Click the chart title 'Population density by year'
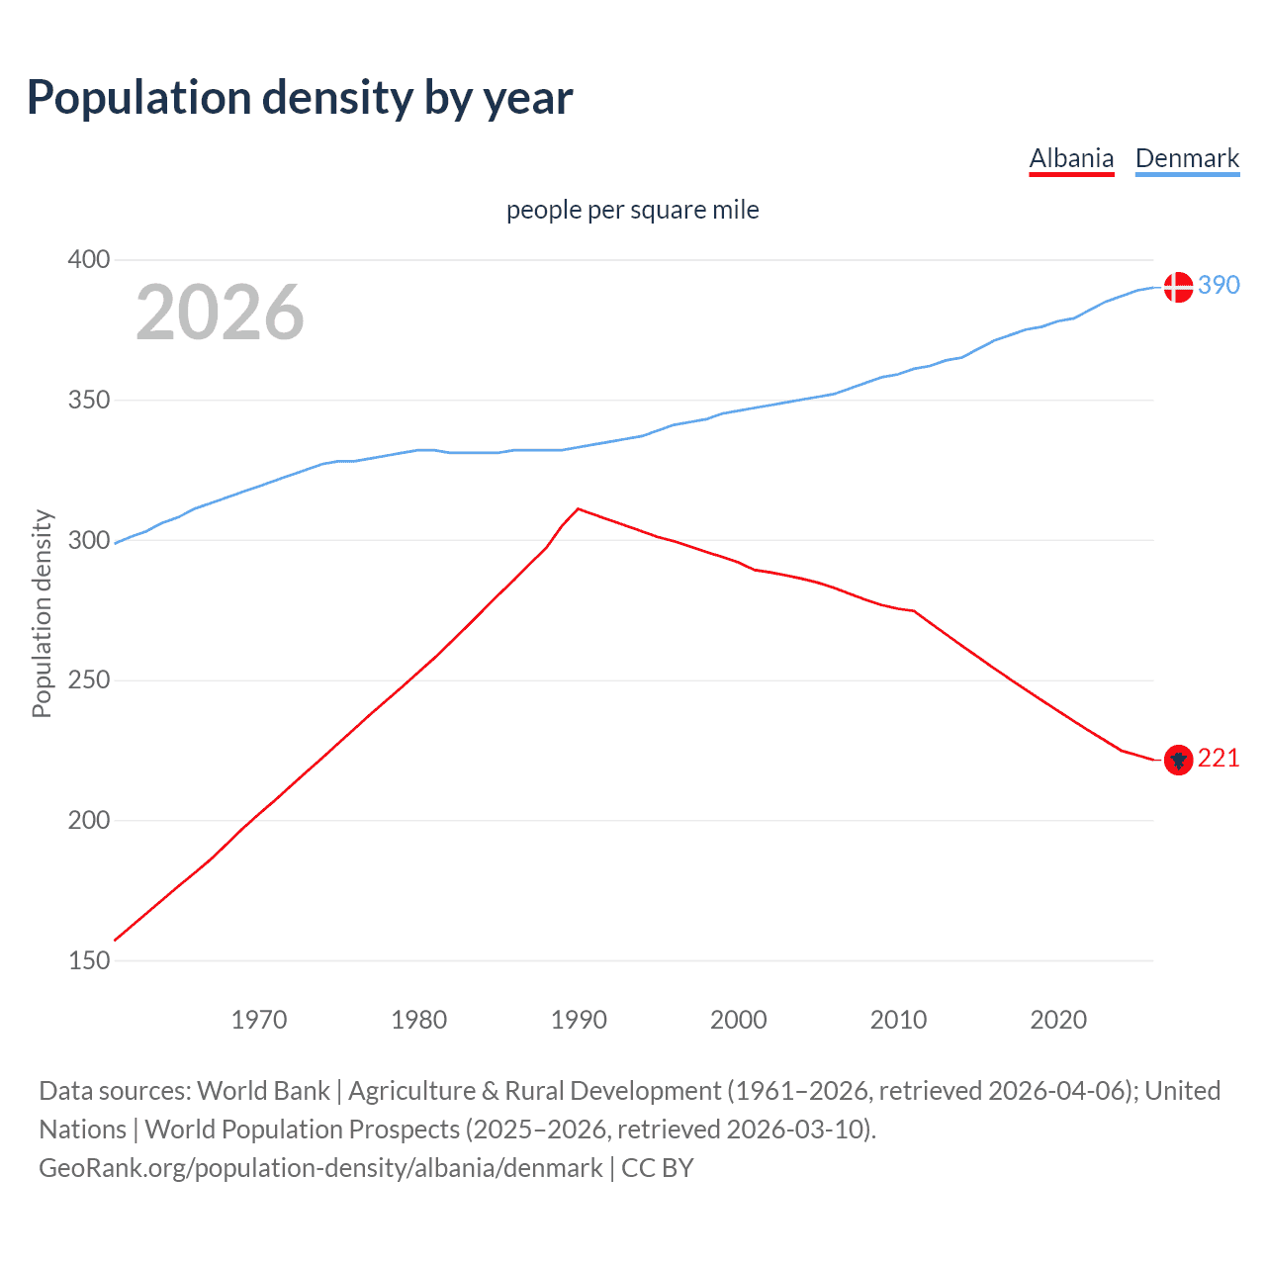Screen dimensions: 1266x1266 pyautogui.click(x=300, y=98)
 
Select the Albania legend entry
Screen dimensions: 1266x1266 pyautogui.click(x=1071, y=158)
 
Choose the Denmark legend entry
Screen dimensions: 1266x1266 pyautogui.click(x=1187, y=158)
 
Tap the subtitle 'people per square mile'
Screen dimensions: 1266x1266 pyautogui.click(x=632, y=210)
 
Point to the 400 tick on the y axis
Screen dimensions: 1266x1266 pyautogui.click(x=88, y=260)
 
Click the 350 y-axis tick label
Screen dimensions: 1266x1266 pyautogui.click(x=88, y=401)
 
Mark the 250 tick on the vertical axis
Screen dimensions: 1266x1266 pyautogui.click(x=88, y=680)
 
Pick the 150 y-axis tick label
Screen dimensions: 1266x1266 pyautogui.click(x=88, y=960)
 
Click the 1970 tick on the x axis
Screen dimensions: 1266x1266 pyautogui.click(x=259, y=1020)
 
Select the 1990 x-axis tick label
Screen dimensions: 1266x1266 pyautogui.click(x=579, y=1020)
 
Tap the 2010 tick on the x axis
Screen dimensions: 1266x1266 pyautogui.click(x=898, y=1020)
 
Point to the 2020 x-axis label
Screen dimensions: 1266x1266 pyautogui.click(x=1058, y=1020)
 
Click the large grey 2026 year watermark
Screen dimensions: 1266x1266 pyautogui.click(x=220, y=313)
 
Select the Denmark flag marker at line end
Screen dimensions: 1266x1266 pyautogui.click(x=1177, y=287)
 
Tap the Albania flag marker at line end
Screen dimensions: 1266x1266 pyautogui.click(x=1177, y=760)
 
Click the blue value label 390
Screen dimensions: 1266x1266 pyautogui.click(x=1219, y=285)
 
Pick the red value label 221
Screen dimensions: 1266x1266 pyautogui.click(x=1219, y=758)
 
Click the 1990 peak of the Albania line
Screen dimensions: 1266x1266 pyautogui.click(x=579, y=508)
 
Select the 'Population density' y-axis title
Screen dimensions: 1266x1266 pyautogui.click(x=42, y=613)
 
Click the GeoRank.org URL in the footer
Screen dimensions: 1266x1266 pyautogui.click(x=320, y=1168)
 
